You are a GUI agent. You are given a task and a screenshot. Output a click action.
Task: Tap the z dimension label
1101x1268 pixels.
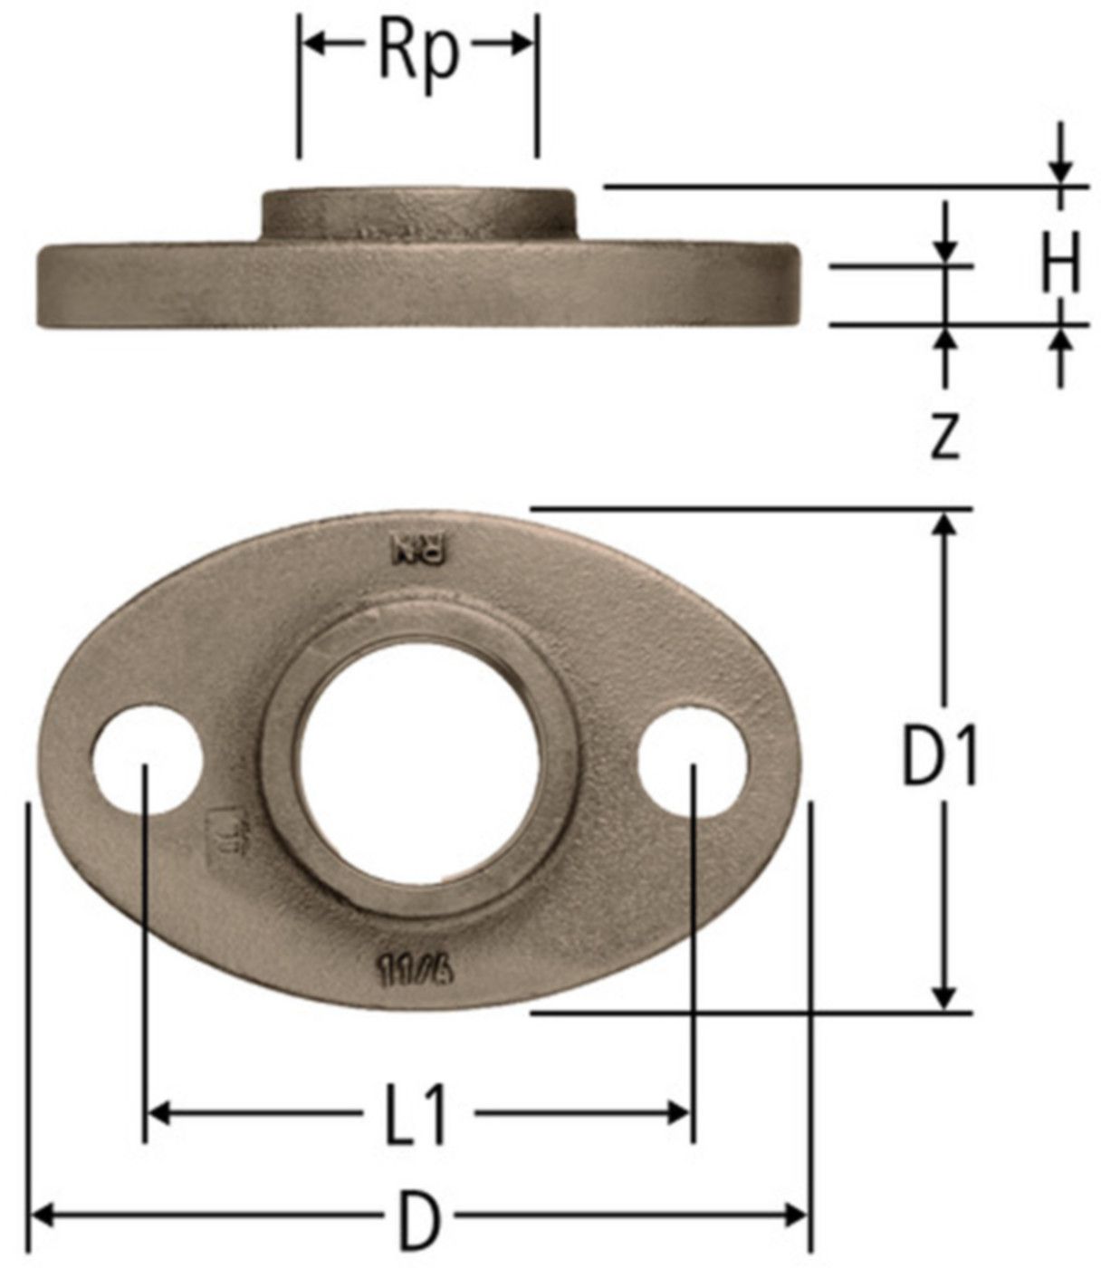pyautogui.click(x=944, y=437)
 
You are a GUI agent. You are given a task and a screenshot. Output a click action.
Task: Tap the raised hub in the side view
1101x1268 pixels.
pyautogui.click(x=418, y=214)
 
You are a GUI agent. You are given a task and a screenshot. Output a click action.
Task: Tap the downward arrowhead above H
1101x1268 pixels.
pyautogui.click(x=1061, y=172)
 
